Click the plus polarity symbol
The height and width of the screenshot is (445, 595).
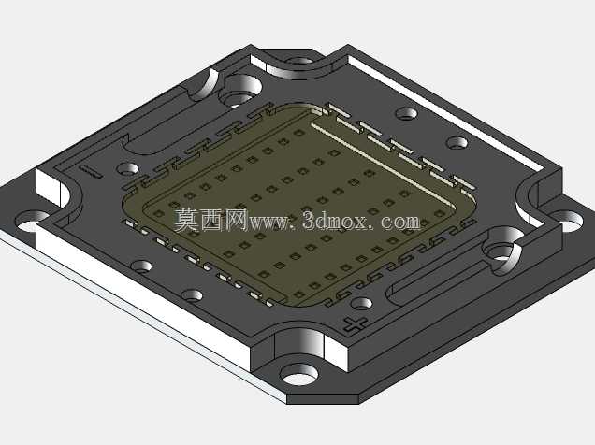point(355,324)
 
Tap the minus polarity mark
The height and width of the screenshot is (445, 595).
point(91,171)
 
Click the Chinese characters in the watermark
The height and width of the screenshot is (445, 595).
point(211,220)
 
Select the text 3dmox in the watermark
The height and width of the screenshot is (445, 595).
point(335,220)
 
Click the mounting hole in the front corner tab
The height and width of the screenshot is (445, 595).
point(298,374)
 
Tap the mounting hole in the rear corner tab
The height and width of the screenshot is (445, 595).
point(299,61)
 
